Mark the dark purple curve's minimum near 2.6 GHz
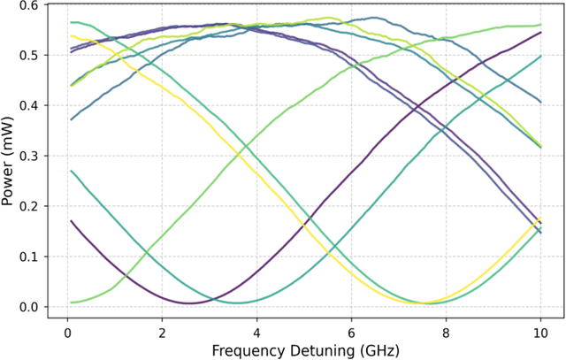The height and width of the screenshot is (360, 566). (x=189, y=303)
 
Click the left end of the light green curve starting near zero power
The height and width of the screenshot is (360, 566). (x=71, y=303)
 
